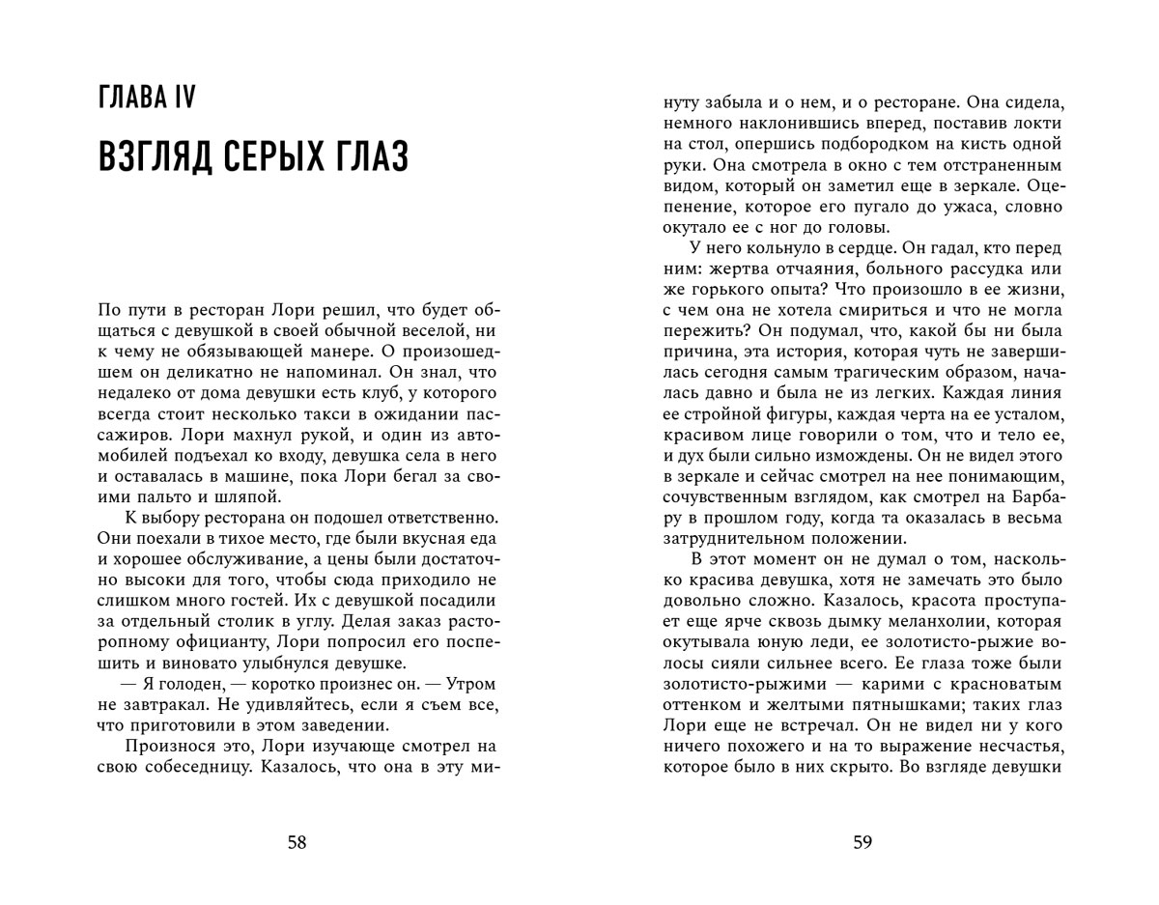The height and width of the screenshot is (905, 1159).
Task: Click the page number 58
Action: pyautogui.click(x=297, y=842)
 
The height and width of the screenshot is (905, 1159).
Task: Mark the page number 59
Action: pyautogui.click(x=862, y=842)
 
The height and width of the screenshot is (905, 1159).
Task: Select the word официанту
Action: pyautogui.click(x=218, y=642)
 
